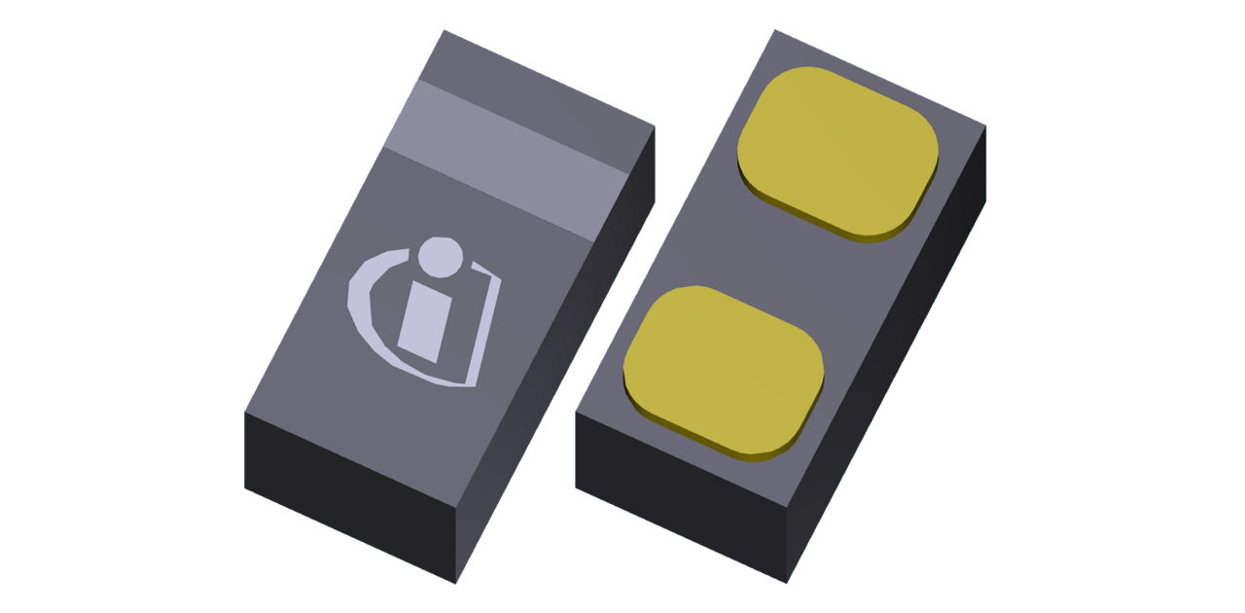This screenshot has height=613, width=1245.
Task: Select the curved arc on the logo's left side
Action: tap(368, 311)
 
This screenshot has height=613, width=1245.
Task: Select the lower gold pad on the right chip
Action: tap(722, 368)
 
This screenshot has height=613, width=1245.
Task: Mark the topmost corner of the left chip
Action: tap(445, 30)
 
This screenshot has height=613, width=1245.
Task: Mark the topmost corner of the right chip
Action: tap(775, 30)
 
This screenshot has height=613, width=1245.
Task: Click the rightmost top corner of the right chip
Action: tap(985, 126)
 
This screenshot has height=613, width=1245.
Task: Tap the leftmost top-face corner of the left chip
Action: tap(244, 412)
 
